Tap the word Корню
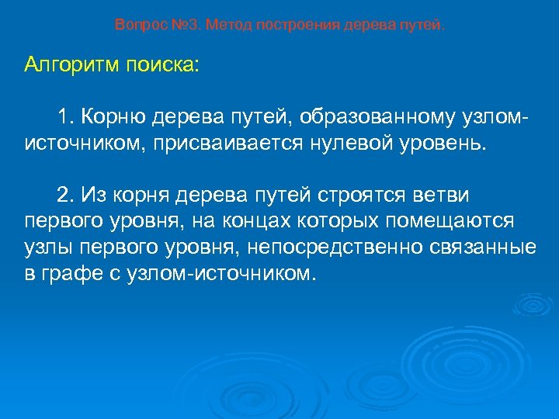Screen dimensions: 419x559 click(x=113, y=117)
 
